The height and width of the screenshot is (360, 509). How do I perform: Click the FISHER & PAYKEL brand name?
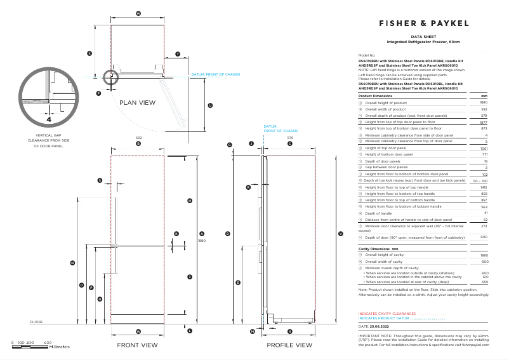click(423, 23)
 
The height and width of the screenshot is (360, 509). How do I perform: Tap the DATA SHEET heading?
click(423, 37)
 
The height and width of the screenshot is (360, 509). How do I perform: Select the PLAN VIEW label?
click(138, 102)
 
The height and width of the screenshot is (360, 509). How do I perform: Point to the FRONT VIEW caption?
click(137, 345)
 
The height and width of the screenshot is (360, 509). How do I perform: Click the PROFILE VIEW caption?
click(289, 345)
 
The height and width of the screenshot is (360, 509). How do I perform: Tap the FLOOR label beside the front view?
click(36, 322)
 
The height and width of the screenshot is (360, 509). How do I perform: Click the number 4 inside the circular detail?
click(49, 119)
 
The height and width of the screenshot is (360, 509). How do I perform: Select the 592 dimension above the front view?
click(138, 138)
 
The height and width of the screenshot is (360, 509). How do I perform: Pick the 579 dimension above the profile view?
click(291, 138)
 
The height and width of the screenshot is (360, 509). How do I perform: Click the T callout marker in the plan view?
click(178, 54)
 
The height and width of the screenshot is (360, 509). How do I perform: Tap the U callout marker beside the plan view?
click(210, 106)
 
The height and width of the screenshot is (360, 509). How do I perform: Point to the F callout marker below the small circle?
click(98, 93)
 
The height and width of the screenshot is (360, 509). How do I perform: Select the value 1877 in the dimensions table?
click(483, 122)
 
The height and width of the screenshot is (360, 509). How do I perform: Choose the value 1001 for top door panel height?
click(484, 148)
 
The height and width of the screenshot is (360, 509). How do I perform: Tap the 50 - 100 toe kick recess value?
click(480, 181)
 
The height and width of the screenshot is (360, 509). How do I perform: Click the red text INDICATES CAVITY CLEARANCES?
click(387, 314)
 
